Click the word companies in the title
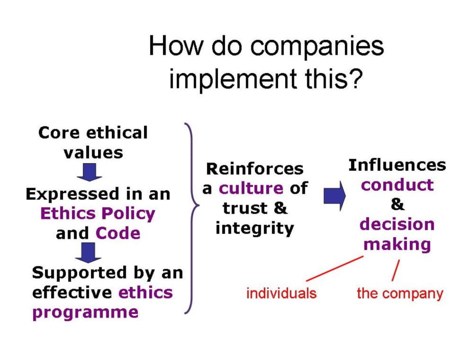(317, 47)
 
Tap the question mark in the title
(355, 79)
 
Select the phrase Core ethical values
(93, 143)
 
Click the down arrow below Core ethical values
(89, 172)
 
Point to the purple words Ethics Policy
(98, 214)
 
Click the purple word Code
(118, 234)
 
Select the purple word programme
(85, 313)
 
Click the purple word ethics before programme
(146, 292)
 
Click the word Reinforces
(255, 169)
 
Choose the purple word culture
(251, 188)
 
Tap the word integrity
(255, 229)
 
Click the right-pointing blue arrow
(335, 196)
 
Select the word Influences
(397, 165)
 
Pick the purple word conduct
(397, 185)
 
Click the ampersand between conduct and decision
(398, 205)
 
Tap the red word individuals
(281, 294)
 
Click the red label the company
(400, 294)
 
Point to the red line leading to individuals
(335, 268)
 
